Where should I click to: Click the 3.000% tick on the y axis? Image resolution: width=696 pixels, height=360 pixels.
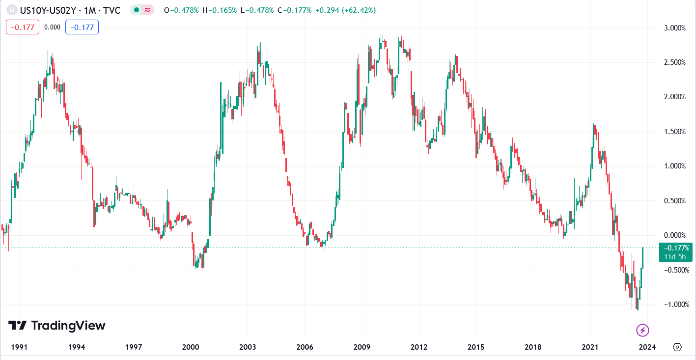[674, 28]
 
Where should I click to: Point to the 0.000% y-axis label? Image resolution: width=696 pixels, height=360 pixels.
[674, 235]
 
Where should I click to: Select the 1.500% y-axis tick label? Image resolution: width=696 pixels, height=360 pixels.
[674, 132]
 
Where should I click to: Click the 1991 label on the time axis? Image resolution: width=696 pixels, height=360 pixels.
[19, 347]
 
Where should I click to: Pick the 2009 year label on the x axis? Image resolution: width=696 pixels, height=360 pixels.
[362, 347]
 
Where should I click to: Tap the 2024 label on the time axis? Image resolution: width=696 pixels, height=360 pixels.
[647, 347]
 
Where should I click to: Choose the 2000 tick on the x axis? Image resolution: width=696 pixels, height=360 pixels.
[191, 347]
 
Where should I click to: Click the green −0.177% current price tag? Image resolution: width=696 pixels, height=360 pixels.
[676, 248]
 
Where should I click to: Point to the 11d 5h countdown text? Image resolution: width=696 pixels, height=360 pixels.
[676, 256]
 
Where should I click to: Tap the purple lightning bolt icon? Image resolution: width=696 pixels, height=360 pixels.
[642, 330]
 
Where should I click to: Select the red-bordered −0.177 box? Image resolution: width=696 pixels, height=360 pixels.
[23, 27]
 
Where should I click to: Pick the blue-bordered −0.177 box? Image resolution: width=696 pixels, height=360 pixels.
[82, 27]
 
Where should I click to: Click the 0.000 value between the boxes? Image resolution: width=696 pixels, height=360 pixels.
[52, 27]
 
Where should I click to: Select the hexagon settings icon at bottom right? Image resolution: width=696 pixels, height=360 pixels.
[677, 347]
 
